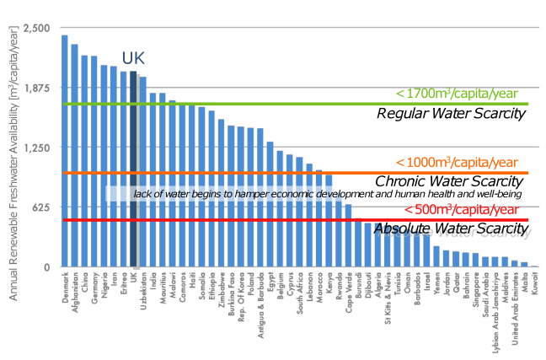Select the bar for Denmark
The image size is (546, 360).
pos(65,152)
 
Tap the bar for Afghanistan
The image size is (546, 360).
pos(75,156)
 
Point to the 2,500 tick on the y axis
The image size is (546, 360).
pos(38,28)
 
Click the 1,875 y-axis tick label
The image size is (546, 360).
pos(38,88)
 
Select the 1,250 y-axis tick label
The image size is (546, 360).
pos(38,148)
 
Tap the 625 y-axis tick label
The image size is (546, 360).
pos(41,207)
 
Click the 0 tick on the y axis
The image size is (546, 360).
pos(48,267)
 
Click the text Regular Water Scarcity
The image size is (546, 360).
pos(451,114)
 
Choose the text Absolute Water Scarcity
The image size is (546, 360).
pos(450,228)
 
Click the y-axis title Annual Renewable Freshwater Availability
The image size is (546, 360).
pos(13,148)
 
